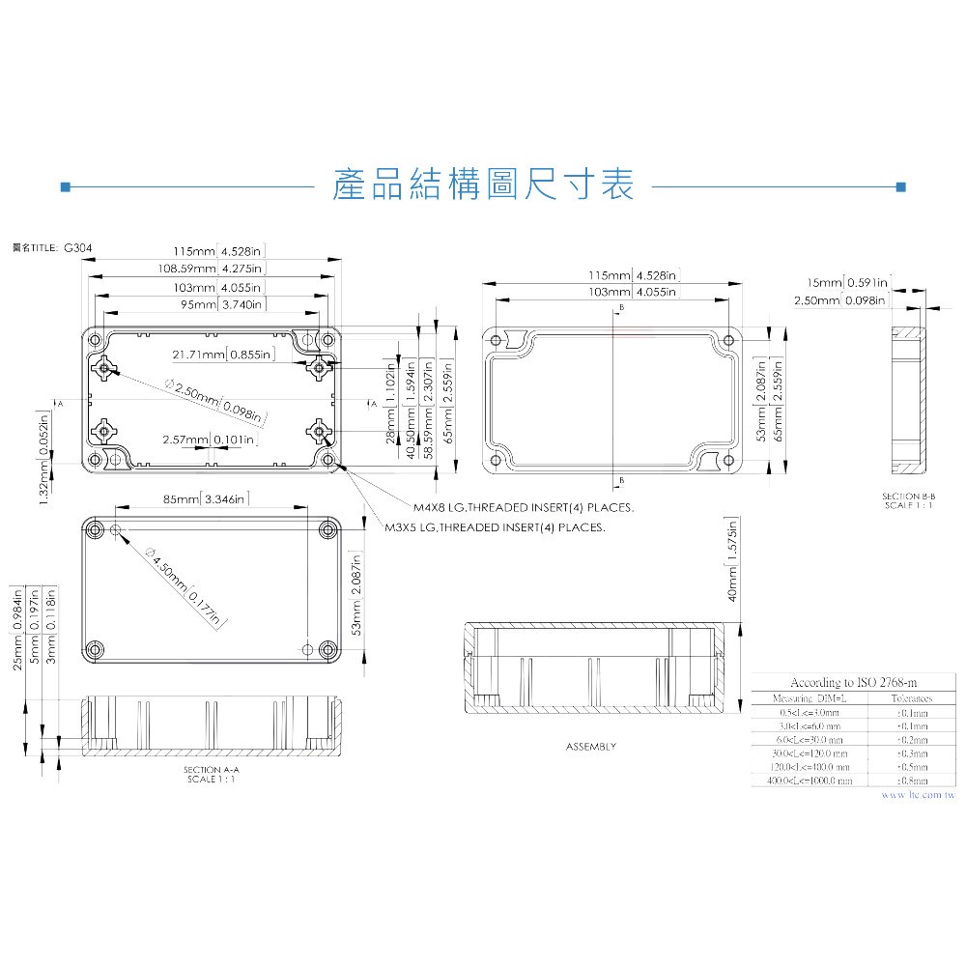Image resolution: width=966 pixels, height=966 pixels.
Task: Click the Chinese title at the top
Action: click(x=482, y=184)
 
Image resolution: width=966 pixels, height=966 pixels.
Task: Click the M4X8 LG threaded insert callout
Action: click(x=523, y=507)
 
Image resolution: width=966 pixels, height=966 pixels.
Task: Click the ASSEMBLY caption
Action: click(x=590, y=747)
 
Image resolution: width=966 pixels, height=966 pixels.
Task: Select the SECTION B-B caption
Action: click(x=908, y=500)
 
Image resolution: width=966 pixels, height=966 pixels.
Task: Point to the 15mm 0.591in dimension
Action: click(x=847, y=282)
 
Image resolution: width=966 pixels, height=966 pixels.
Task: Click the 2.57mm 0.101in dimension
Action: click(x=210, y=440)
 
